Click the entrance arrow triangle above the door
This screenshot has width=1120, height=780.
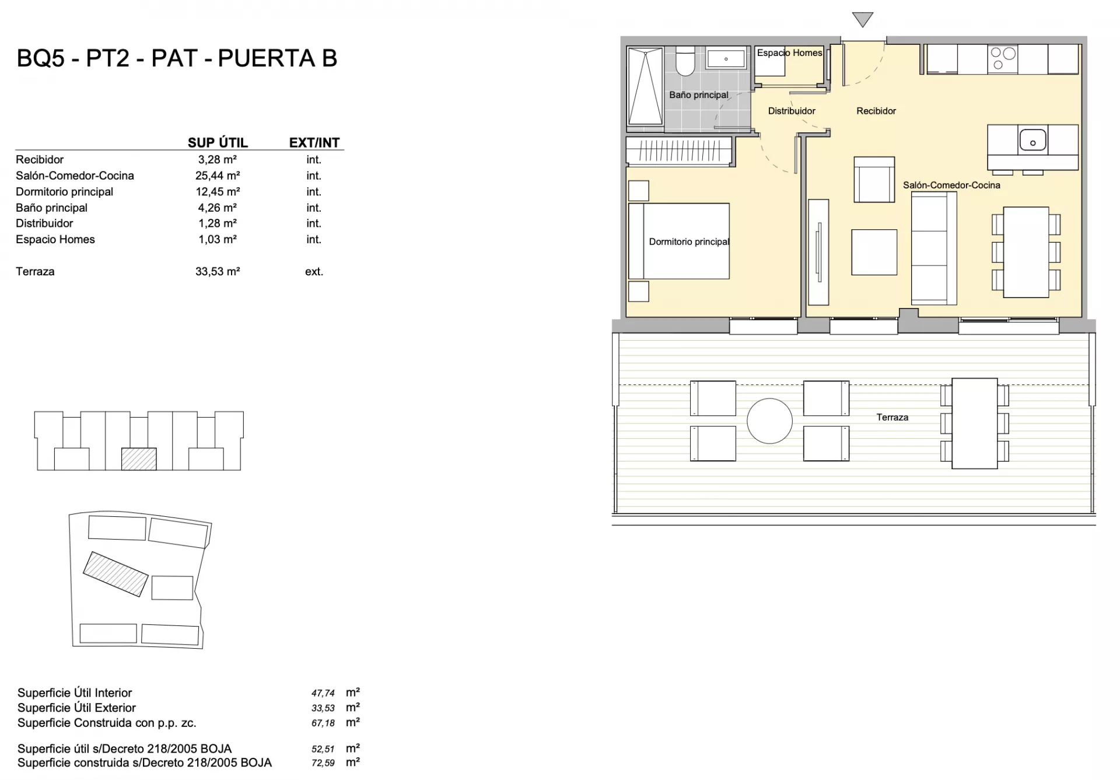tap(862, 19)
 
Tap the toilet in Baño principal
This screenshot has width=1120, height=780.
tap(685, 62)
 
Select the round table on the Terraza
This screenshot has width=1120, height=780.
tap(769, 421)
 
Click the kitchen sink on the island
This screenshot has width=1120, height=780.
tap(1032, 140)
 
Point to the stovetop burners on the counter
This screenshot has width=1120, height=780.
tap(1003, 58)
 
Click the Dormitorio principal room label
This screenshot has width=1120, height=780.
tap(689, 242)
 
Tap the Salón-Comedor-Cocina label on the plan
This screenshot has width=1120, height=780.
tap(951, 185)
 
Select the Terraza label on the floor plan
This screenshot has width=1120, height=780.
tap(892, 417)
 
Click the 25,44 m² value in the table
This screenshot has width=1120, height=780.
tap(218, 176)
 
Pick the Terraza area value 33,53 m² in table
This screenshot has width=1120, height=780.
tap(218, 271)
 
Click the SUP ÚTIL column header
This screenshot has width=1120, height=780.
tap(218, 142)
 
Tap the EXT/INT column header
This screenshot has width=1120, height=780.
tap(314, 142)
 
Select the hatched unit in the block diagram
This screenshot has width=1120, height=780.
tap(139, 459)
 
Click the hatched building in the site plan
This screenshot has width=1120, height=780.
tap(116, 574)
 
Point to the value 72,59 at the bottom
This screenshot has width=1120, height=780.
tap(323, 763)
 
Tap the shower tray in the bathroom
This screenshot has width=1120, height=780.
tap(645, 86)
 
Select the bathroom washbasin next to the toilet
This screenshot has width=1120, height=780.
tap(726, 59)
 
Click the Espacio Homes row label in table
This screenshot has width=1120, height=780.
tap(55, 239)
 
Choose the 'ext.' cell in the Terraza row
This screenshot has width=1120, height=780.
tap(314, 271)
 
